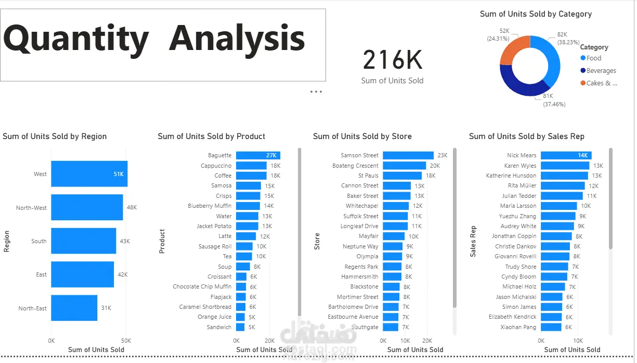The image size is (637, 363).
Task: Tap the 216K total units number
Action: pyautogui.click(x=393, y=60)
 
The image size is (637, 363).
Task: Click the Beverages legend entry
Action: pyautogui.click(x=601, y=71)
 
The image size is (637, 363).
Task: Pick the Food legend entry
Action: pyautogui.click(x=593, y=58)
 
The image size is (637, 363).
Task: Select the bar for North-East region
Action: pyautogui.click(x=74, y=308)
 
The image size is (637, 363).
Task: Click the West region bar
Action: pyautogui.click(x=88, y=174)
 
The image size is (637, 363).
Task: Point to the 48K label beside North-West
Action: pyautogui.click(x=132, y=207)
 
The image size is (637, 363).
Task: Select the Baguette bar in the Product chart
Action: pyautogui.click(x=257, y=155)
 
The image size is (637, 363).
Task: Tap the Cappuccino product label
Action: pyautogui.click(x=216, y=166)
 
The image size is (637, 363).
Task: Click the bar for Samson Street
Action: pyautogui.click(x=408, y=155)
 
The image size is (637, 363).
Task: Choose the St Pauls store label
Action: pyautogui.click(x=368, y=176)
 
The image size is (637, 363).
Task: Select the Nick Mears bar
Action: pyautogui.click(x=566, y=155)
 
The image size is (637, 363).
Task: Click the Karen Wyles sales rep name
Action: pyautogui.click(x=520, y=166)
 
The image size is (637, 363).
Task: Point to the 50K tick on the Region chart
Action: pyautogui.click(x=126, y=340)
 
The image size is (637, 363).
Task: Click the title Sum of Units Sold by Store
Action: pyautogui.click(x=362, y=136)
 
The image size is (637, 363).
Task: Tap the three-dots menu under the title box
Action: pyautogui.click(x=316, y=92)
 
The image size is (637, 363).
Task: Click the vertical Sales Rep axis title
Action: pyautogui.click(x=473, y=242)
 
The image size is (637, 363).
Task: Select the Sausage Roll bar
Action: pyautogui.click(x=244, y=246)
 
